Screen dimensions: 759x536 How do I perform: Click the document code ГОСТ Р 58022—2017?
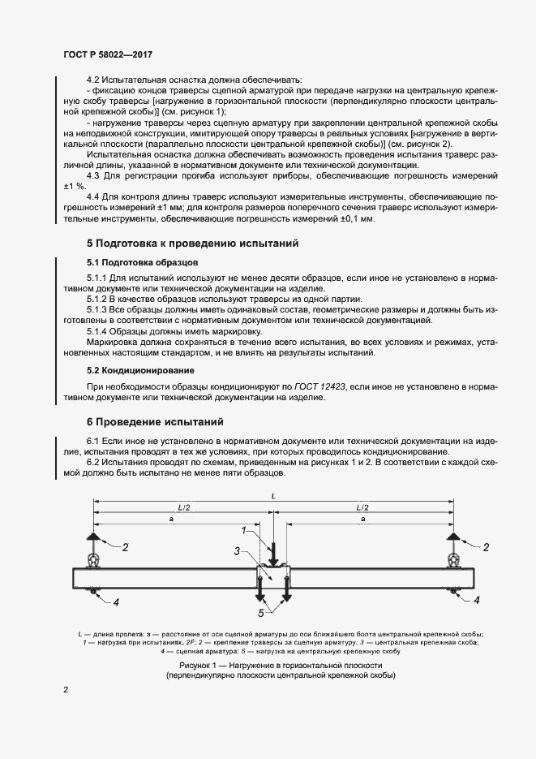coord(108,55)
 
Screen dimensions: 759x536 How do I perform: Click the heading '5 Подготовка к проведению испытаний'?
coord(193,243)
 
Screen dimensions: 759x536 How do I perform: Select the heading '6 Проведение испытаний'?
coord(156,422)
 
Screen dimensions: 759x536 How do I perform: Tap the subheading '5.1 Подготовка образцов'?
coord(142,263)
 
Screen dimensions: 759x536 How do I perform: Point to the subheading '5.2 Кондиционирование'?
coord(140,371)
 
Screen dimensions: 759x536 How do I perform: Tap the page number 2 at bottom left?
coord(66,690)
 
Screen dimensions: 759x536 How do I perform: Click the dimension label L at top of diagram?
coord(273,494)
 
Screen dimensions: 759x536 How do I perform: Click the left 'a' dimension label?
coord(170,518)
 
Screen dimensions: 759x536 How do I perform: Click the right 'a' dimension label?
coord(362,518)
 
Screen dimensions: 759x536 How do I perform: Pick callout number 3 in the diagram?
coord(236,551)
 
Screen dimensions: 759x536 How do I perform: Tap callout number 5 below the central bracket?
coord(261,613)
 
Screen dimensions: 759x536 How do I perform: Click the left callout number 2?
coord(126,548)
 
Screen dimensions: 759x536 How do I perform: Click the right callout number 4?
coord(477,601)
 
